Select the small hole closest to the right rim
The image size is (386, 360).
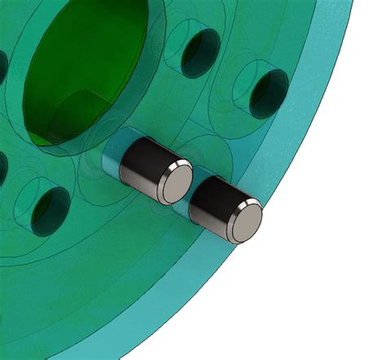[x=269, y=92]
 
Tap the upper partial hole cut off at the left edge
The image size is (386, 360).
[x=2, y=65]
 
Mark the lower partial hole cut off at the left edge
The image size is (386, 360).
[x=2, y=167]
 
